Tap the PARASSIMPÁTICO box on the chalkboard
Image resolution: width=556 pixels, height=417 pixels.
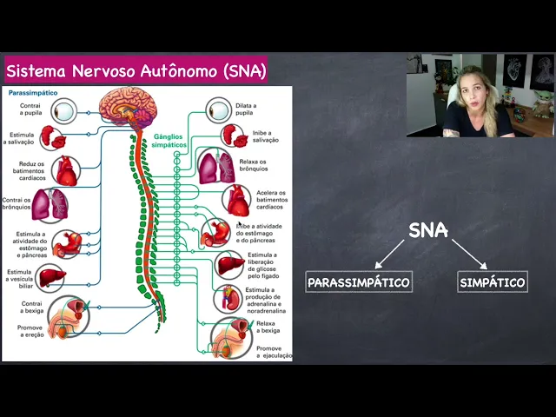pyautogui.click(x=358, y=282)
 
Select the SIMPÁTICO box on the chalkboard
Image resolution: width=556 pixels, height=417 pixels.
pyautogui.click(x=492, y=282)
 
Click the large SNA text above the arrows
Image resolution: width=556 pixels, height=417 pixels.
pyautogui.click(x=428, y=230)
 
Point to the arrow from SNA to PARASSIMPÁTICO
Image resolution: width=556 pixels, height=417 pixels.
pyautogui.click(x=390, y=254)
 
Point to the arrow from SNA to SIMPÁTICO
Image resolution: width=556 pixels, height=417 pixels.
pyautogui.click(x=468, y=254)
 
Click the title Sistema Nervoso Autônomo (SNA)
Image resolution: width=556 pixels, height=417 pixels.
pyautogui.click(x=136, y=69)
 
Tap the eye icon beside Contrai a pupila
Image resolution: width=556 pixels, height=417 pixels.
pyautogui.click(x=63, y=110)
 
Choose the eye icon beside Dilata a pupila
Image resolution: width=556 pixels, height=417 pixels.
pyautogui.click(x=219, y=110)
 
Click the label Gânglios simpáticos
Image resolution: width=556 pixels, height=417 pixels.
pyautogui.click(x=169, y=141)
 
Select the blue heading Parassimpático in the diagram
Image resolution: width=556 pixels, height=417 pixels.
pyautogui.click(x=32, y=92)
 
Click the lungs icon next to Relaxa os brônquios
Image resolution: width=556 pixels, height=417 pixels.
pyautogui.click(x=215, y=166)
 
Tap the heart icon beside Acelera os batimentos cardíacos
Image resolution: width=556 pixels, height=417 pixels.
pyautogui.click(x=235, y=201)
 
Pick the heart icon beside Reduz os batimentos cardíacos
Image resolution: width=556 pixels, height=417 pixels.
pyautogui.click(x=67, y=170)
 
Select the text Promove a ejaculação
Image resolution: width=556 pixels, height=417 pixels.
pyautogui.click(x=274, y=352)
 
